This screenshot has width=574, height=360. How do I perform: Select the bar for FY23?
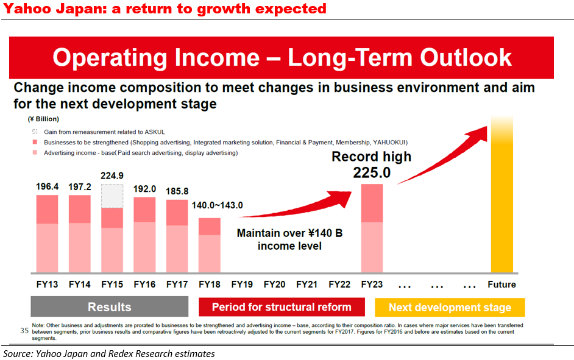tap(372, 228)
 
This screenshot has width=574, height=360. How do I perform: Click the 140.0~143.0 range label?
tap(217, 205)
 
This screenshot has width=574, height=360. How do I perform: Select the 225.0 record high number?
tap(371, 174)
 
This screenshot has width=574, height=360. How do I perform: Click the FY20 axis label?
tap(274, 284)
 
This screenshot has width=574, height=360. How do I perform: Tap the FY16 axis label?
tap(144, 284)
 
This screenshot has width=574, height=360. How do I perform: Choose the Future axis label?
tap(501, 284)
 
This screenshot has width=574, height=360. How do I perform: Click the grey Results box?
tap(110, 307)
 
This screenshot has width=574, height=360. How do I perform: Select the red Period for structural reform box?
tap(282, 307)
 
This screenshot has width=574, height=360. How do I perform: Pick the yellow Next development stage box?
tap(450, 307)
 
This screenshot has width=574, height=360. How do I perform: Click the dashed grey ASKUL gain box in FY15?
tap(112, 196)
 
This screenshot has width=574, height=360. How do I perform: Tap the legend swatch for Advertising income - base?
tap(35, 153)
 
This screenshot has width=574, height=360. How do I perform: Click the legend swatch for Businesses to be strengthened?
tap(35, 142)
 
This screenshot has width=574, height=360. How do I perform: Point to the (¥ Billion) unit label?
tap(43, 119)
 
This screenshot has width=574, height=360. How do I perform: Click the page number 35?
tap(25, 331)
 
